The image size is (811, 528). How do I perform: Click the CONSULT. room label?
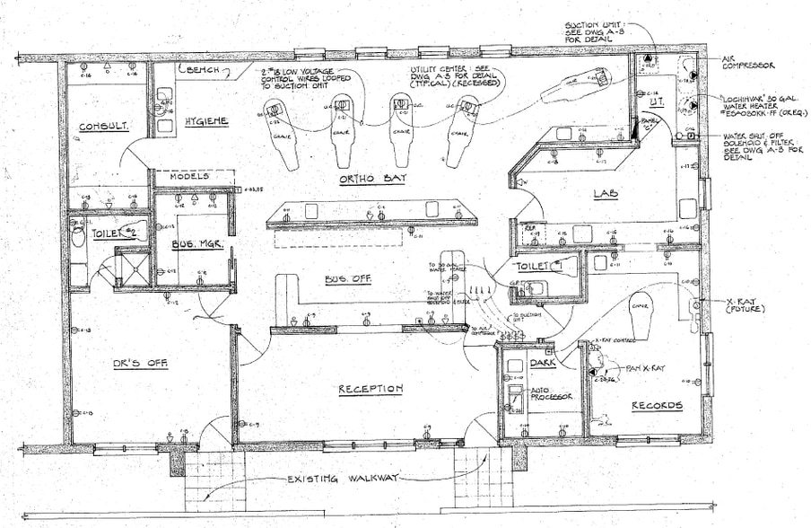pos(101,127)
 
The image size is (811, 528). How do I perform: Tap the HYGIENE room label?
pos(206,121)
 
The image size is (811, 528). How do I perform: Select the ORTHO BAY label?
pos(372,179)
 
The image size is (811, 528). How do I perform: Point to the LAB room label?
pos(605,193)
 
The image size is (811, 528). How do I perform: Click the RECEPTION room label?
pos(370,389)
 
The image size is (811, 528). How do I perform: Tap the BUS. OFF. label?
pos(350,279)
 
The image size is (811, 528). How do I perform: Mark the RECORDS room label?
pos(656,406)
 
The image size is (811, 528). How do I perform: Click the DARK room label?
pos(543,363)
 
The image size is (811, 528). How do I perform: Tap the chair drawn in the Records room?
pos(641,310)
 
